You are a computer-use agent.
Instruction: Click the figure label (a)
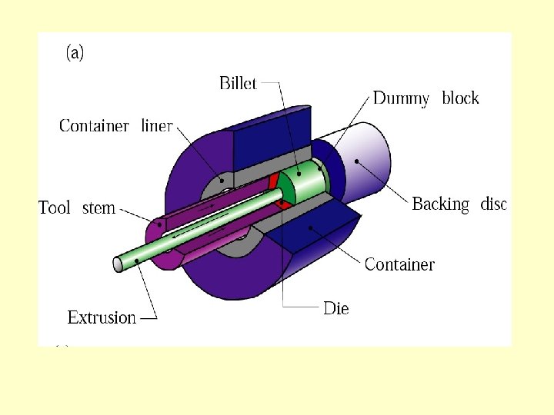(x=75, y=52)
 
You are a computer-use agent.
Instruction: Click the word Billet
(x=238, y=83)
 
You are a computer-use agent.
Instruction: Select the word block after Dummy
(x=460, y=98)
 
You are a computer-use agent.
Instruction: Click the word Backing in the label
(x=441, y=204)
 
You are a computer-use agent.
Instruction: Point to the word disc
(x=493, y=204)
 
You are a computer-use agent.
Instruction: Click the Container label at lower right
(x=399, y=264)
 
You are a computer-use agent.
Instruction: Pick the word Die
(x=335, y=309)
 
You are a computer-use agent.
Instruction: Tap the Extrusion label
(x=102, y=317)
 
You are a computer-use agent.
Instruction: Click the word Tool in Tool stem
(x=55, y=207)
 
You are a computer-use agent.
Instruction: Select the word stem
(x=98, y=207)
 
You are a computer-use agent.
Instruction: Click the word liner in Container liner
(x=157, y=126)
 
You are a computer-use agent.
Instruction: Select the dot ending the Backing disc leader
(x=357, y=161)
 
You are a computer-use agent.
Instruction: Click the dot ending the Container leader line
(x=310, y=227)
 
